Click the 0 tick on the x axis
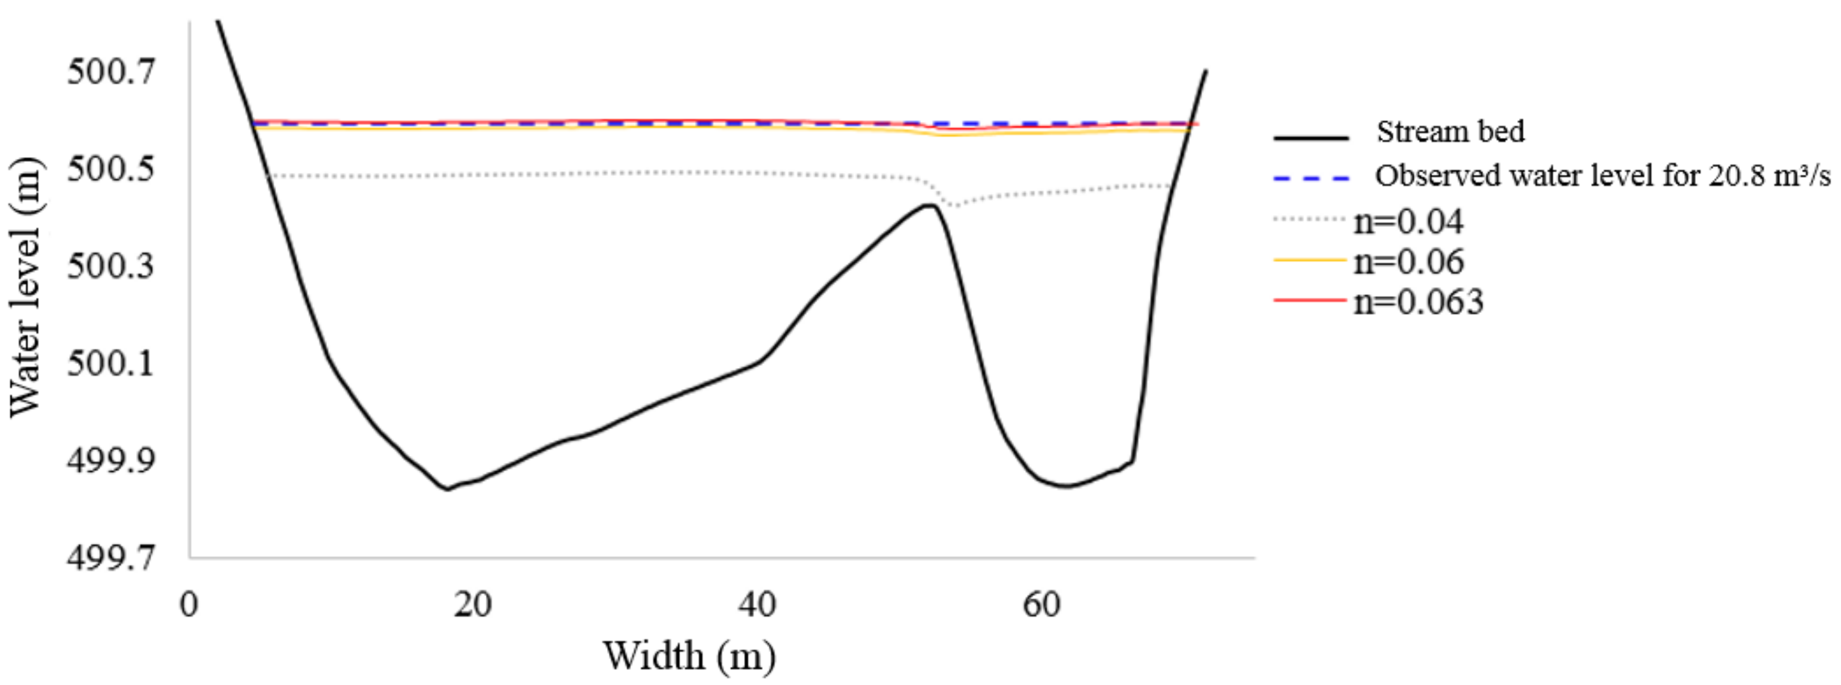189,605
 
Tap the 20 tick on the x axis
472,605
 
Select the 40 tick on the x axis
757,605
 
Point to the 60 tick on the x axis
1041,605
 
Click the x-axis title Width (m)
689,656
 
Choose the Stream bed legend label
1450,132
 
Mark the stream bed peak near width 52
929,206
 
